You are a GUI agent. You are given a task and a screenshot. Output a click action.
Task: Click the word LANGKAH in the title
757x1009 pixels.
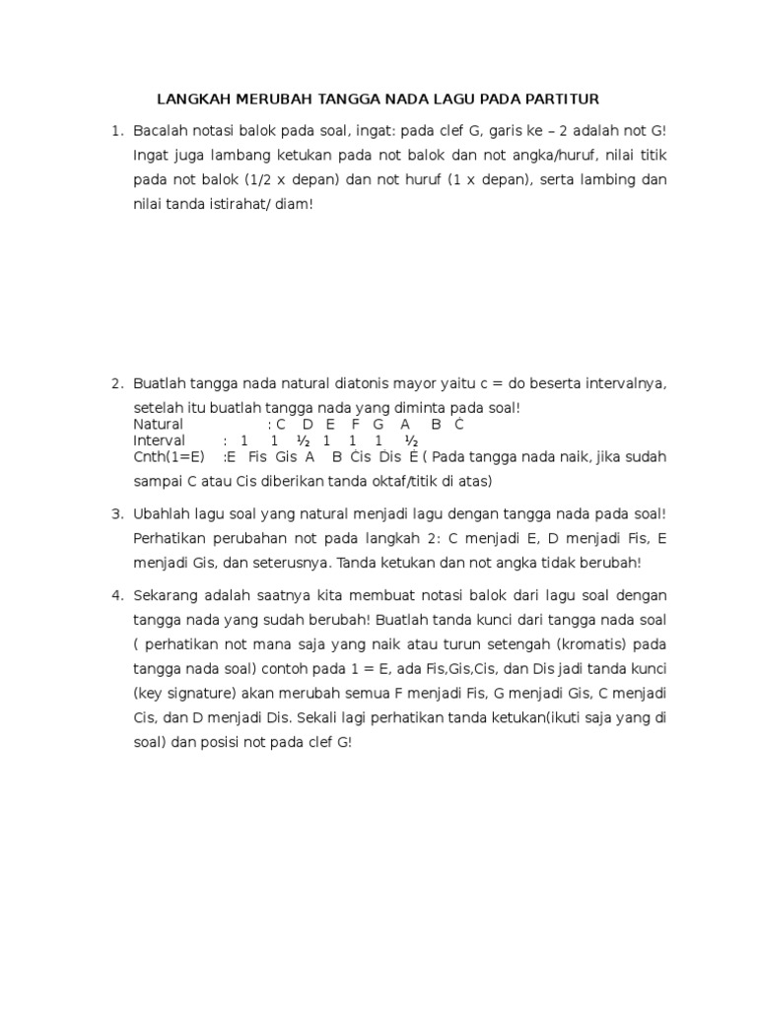[193, 100]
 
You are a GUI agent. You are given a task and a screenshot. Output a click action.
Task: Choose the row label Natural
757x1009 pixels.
[158, 425]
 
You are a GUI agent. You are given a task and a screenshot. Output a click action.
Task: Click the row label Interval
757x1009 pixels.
[159, 440]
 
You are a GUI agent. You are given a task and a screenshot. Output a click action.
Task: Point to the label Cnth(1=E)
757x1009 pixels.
[169, 457]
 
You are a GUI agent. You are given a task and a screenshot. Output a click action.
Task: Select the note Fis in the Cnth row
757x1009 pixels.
[258, 457]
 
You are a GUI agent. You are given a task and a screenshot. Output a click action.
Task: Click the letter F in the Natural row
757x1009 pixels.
[355, 425]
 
